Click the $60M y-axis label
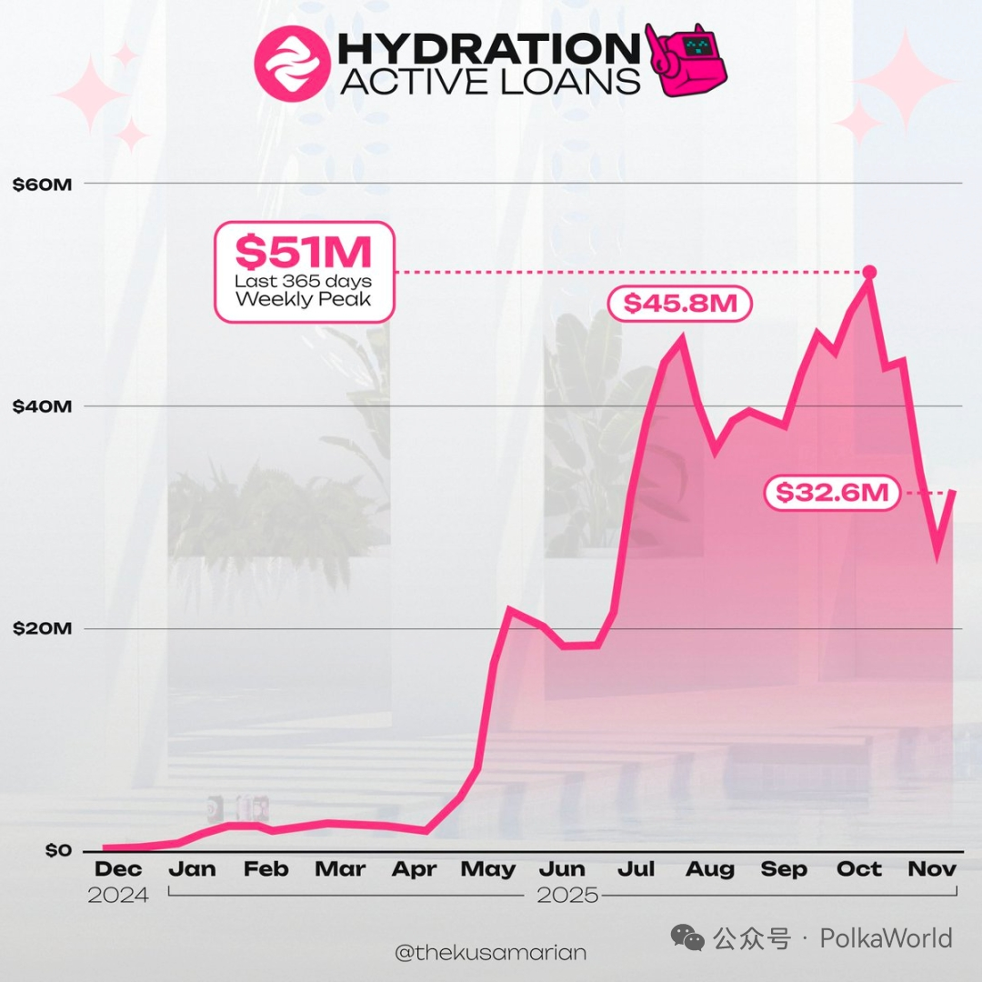pos(42,184)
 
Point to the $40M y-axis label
pos(42,406)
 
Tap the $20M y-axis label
pos(42,629)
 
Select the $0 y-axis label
pos(57,851)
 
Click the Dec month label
pos(118,870)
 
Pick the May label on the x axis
pos(487,870)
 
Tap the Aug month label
pos(709,870)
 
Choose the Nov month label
pos(932,870)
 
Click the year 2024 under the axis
pos(118,896)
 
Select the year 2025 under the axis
pos(567,896)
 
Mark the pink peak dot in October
pos(869,272)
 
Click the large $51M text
pos(304,251)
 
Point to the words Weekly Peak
pos(304,299)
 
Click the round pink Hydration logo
pos(290,63)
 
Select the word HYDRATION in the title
pos(489,49)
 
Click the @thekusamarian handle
pos(491,953)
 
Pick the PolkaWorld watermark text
pos(886,938)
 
